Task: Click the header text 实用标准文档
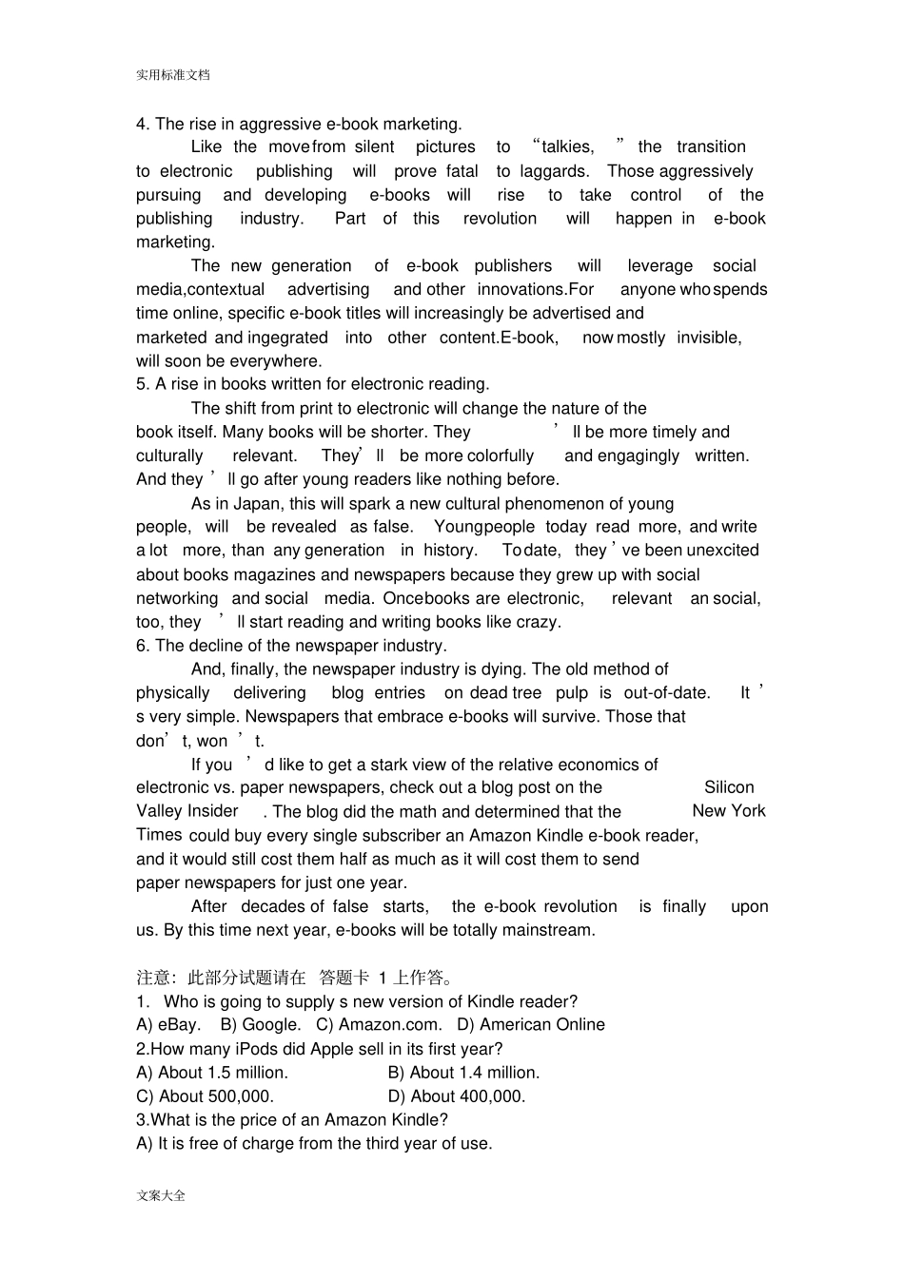tap(172, 75)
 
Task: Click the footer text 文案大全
tap(161, 1195)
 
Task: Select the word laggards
tap(554, 171)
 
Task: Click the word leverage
tap(659, 266)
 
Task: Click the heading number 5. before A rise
tap(143, 384)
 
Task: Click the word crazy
tap(538, 622)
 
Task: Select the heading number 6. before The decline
tap(143, 646)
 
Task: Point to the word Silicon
tap(729, 787)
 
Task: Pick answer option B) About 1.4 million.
tap(463, 1073)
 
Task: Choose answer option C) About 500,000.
tap(205, 1096)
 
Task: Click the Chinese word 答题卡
tap(344, 978)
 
